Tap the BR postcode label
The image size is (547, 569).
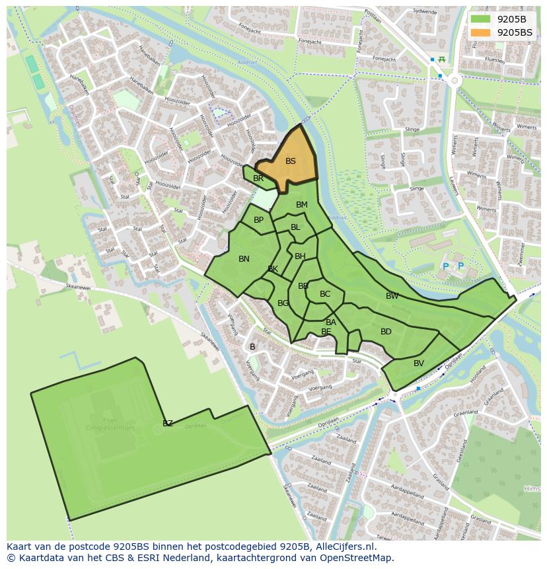(x=258, y=178)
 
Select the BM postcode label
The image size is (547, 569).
(x=302, y=205)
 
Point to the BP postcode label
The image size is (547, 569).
(x=258, y=220)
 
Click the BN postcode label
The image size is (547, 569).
(x=244, y=259)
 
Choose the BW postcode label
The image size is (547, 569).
(x=392, y=296)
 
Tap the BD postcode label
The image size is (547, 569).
(x=386, y=332)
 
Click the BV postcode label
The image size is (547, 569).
(x=419, y=363)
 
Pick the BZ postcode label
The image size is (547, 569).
(x=168, y=424)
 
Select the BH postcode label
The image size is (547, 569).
(x=300, y=256)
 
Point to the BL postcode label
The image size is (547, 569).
(x=295, y=227)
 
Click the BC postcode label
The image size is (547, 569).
(x=325, y=294)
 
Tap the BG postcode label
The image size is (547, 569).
(x=283, y=303)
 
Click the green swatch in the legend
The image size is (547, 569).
(x=481, y=19)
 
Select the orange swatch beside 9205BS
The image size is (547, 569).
(x=481, y=32)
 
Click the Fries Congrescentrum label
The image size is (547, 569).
(x=110, y=424)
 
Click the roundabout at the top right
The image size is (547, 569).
(x=455, y=81)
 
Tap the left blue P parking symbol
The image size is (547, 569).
(x=445, y=266)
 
